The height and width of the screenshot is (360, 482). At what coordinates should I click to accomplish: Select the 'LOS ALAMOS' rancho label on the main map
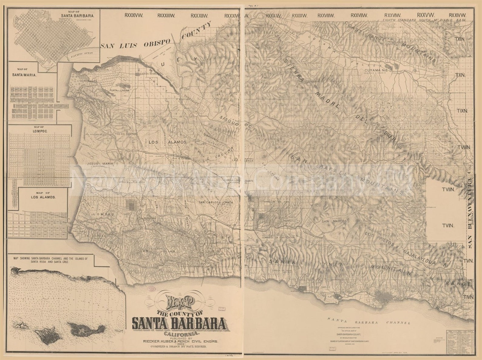tap(167, 142)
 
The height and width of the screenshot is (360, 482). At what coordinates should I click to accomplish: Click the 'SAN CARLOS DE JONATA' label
tap(216, 202)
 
